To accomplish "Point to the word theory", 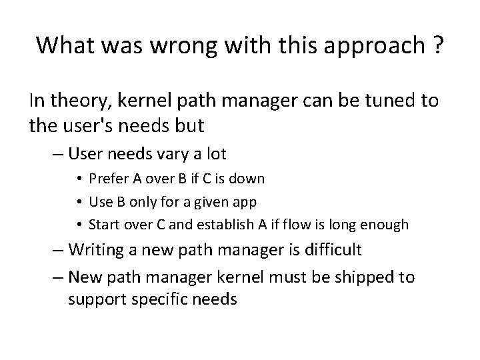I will [x=73, y=101].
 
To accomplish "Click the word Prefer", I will [x=107, y=179].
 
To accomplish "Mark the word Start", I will [x=103, y=225].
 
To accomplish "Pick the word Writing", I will [x=98, y=250].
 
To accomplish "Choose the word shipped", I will [x=363, y=277].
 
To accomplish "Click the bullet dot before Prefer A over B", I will [x=80, y=179].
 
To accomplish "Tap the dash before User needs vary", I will [x=58, y=155].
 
